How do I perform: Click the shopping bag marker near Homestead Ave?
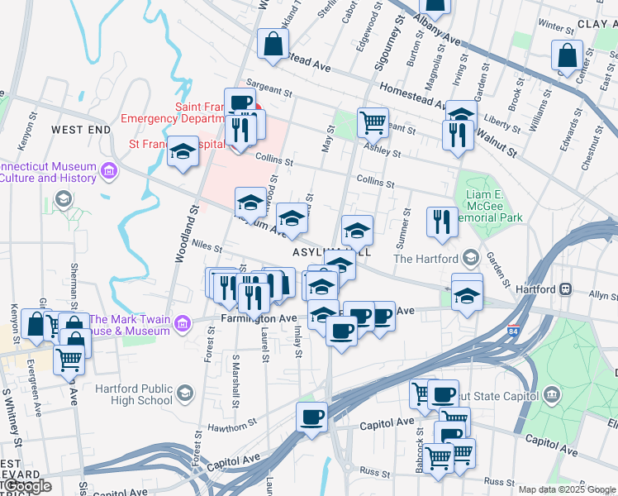point(271,45)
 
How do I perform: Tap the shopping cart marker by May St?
point(373,122)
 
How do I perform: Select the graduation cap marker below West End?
point(183,152)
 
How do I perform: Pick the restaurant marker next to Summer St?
point(442,222)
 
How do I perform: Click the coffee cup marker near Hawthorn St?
point(311,417)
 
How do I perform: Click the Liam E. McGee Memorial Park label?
point(494,205)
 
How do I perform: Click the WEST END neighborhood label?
point(80,130)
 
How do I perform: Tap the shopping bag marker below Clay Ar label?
point(567,56)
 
